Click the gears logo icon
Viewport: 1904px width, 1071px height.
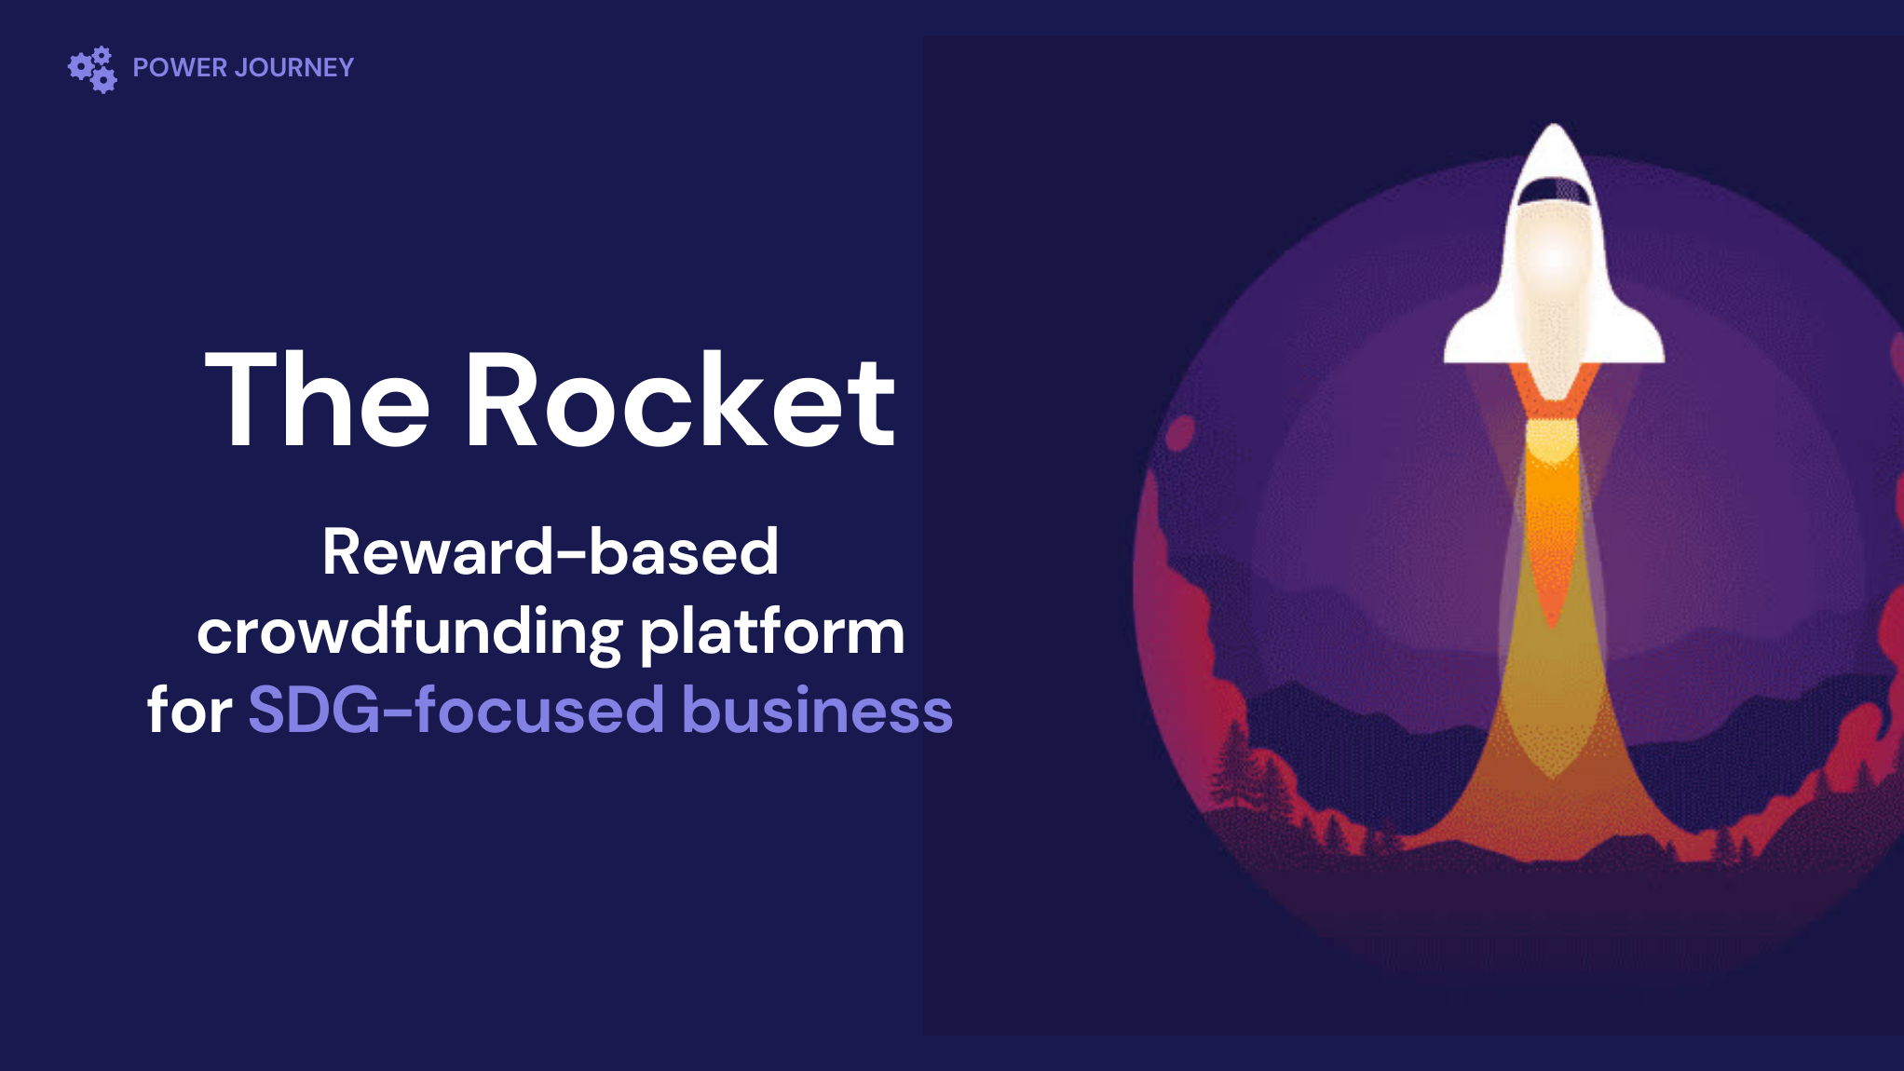[92, 69]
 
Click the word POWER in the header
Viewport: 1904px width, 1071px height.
[180, 68]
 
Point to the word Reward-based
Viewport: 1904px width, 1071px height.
[550, 551]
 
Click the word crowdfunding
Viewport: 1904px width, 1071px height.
[410, 632]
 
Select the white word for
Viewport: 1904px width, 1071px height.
[190, 710]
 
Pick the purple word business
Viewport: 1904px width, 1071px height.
[818, 710]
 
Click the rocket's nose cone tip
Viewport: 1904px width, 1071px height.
[1554, 125]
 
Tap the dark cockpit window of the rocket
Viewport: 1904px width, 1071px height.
[1554, 190]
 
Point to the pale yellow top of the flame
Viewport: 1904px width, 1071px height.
[1553, 441]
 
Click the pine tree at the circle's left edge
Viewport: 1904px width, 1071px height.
[1234, 764]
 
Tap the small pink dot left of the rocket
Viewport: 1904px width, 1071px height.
[1180, 433]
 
